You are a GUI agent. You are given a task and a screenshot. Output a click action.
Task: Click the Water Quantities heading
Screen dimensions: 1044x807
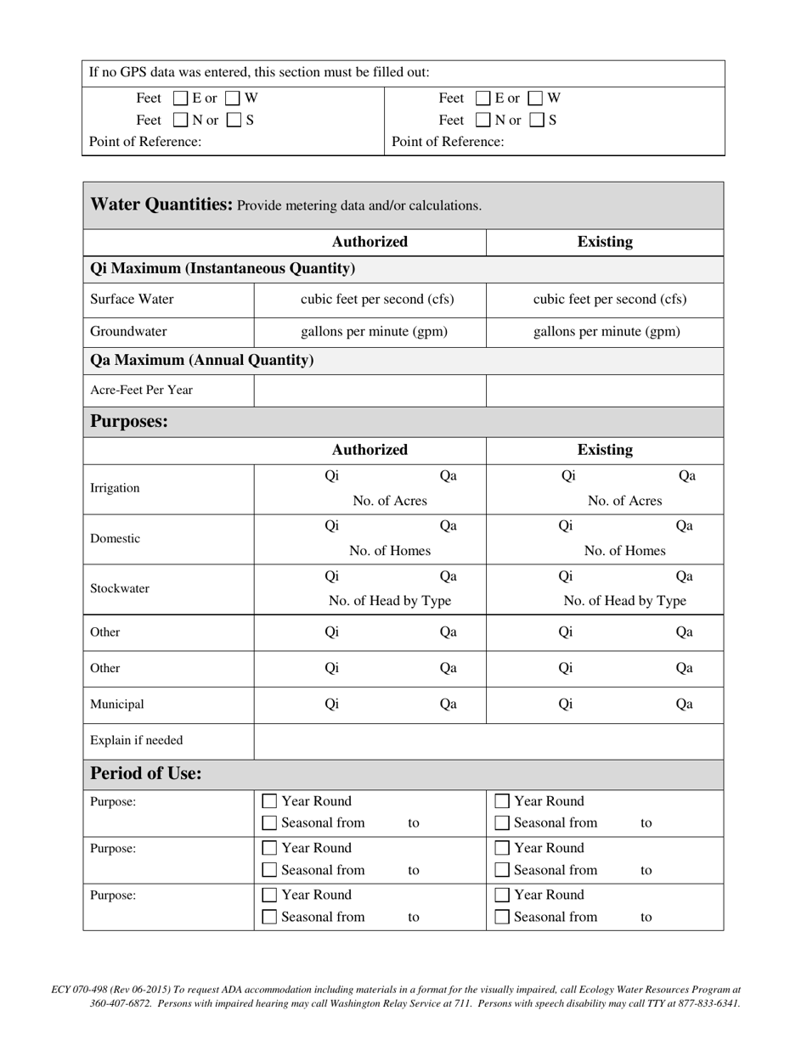(161, 205)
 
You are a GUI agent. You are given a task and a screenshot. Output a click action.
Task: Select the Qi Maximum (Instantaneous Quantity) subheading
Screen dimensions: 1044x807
(223, 269)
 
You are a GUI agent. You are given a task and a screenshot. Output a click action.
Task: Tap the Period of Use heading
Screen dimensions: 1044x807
(146, 774)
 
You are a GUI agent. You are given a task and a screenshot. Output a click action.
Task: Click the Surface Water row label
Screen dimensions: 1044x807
(133, 300)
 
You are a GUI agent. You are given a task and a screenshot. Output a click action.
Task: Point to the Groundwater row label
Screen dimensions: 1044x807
(129, 332)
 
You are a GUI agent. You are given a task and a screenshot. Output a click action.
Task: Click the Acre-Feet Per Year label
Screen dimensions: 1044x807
(142, 390)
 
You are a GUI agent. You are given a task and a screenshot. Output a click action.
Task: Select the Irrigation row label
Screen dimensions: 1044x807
(116, 488)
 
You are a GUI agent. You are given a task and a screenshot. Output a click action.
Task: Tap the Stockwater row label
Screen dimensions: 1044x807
(120, 588)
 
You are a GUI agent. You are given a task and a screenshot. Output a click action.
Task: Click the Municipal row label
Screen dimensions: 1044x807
(117, 704)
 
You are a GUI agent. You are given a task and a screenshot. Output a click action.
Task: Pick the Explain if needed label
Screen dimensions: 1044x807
(137, 740)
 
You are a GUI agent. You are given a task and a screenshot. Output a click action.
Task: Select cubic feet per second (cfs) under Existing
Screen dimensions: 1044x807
(610, 300)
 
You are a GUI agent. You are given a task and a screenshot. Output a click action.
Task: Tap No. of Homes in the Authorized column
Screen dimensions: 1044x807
(390, 551)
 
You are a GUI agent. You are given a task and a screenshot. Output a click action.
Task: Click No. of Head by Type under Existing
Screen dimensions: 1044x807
(624, 601)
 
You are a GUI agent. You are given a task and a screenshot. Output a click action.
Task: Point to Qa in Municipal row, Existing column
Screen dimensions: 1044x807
(684, 704)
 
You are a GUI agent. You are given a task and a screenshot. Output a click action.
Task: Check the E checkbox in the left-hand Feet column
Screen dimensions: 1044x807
(181, 98)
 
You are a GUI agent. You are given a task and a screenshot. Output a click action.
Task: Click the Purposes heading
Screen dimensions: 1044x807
(129, 422)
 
